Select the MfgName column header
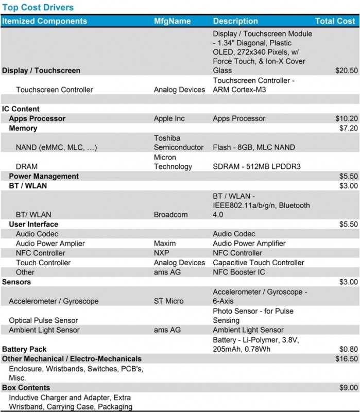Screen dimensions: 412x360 [172, 21]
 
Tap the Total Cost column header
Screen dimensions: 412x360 [335, 21]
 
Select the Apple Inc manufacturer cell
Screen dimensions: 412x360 [169, 118]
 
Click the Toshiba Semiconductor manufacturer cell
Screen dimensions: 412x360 [179, 143]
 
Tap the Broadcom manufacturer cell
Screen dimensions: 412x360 [171, 214]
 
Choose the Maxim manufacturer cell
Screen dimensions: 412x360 [165, 243]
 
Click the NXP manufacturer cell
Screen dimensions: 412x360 [162, 253]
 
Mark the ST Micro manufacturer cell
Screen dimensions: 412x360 [168, 301]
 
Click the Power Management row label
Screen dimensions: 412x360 [44, 176]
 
